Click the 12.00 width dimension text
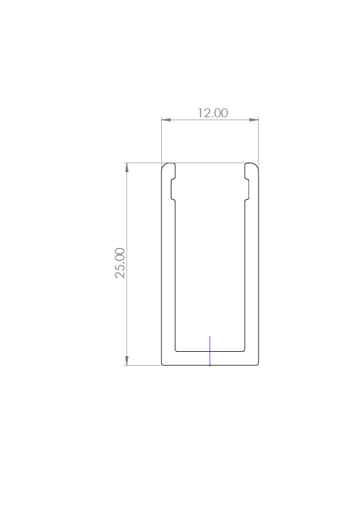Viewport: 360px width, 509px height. pyautogui.click(x=213, y=113)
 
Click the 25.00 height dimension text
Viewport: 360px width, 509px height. pyautogui.click(x=120, y=262)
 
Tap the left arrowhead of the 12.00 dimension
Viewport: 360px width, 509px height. pyautogui.click(x=166, y=120)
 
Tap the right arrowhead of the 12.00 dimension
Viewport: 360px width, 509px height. pyautogui.click(x=254, y=120)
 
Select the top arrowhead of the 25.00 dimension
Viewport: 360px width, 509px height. pyautogui.click(x=126, y=167)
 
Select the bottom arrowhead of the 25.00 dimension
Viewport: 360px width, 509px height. pyautogui.click(x=126, y=361)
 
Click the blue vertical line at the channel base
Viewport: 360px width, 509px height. pyautogui.click(x=210, y=351)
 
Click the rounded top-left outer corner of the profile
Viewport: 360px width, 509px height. pyautogui.click(x=163, y=164)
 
